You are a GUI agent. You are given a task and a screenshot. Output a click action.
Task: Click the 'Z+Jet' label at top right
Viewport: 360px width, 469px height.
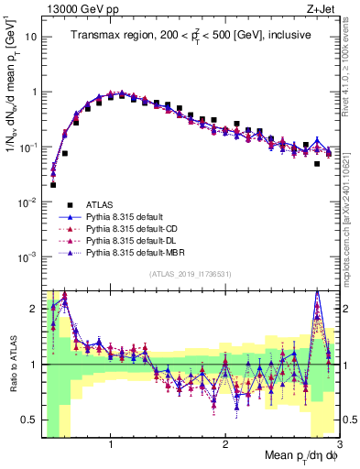[322, 10]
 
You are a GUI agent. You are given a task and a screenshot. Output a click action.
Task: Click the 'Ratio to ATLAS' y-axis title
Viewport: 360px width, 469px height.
[12, 364]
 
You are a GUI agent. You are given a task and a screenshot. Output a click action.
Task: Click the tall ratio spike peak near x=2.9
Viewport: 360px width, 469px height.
[317, 294]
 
